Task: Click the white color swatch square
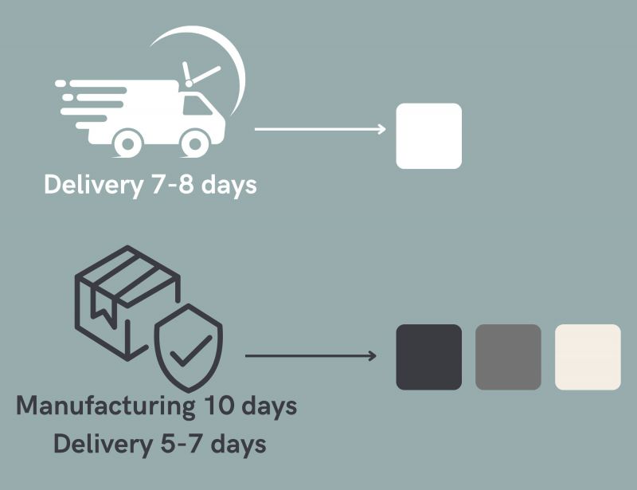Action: (x=428, y=135)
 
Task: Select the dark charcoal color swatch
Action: (x=428, y=357)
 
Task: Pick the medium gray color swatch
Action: (x=508, y=357)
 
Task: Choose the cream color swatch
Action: (x=588, y=357)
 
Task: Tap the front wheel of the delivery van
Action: (x=193, y=143)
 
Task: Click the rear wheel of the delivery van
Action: (x=127, y=143)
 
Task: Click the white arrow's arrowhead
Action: (x=381, y=127)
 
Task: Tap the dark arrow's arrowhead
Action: (x=372, y=355)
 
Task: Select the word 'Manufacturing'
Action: (x=104, y=405)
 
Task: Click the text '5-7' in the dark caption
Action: (x=177, y=443)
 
